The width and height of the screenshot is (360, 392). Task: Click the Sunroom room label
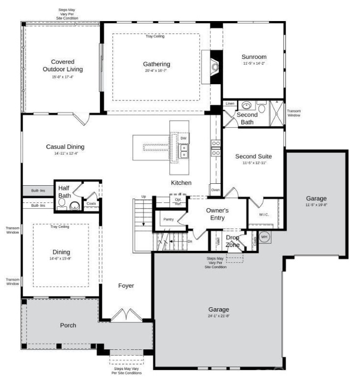coord(254,56)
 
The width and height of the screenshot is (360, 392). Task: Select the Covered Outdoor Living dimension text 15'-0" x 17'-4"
coord(62,77)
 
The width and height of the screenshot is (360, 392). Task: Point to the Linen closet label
coord(230,103)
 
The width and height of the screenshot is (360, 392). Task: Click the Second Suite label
coord(253,156)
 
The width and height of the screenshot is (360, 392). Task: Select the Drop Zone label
coord(232,241)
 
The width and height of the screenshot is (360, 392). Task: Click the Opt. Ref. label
coord(178,202)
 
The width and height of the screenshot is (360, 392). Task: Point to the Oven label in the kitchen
coord(215,190)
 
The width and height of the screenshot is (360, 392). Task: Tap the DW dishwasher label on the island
coord(183,139)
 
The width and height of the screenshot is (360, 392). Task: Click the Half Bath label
coord(65,192)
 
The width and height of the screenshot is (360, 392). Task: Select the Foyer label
coord(126,286)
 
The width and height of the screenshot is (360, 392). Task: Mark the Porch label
coord(68,325)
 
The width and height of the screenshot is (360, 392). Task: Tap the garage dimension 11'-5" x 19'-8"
coord(316,205)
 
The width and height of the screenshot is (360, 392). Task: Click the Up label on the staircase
coord(143,196)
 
